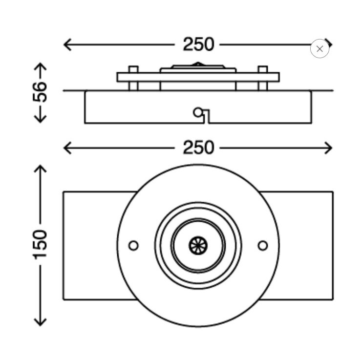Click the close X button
coord(319,49)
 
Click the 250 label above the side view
coord(199,44)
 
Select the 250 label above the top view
coord(199,148)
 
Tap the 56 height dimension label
coord(40,92)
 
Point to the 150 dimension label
coord(40,245)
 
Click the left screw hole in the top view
coord(134,245)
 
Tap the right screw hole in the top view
coord(263,245)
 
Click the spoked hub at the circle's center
coord(198,245)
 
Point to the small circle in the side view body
coord(198,112)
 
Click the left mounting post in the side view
coord(133,78)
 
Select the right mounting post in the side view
coord(263,78)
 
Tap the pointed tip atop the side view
coord(198,63)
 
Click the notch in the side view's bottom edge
coord(207,117)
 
